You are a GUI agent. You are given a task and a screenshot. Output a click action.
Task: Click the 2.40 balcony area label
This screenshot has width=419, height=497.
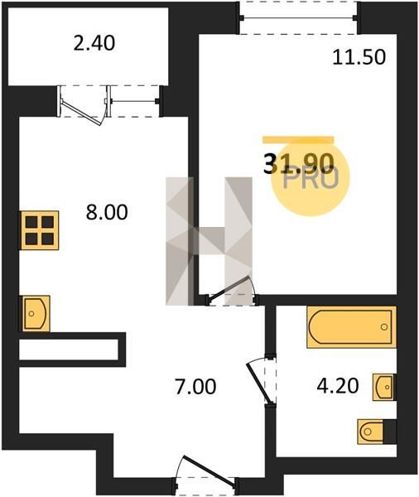coord(94,43)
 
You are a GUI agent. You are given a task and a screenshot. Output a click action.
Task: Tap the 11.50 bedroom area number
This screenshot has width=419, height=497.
coord(359,58)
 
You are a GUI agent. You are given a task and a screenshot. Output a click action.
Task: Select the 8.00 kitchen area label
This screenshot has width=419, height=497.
coord(107,212)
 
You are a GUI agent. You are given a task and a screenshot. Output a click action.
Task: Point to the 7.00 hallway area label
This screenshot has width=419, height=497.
coord(195,387)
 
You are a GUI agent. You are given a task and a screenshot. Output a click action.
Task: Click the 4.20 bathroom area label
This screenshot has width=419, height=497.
coord(338,386)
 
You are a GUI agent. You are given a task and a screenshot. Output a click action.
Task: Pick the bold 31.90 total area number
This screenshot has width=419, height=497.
coord(299,163)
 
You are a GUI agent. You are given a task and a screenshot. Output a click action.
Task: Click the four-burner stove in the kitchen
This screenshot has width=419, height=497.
coord(40,230)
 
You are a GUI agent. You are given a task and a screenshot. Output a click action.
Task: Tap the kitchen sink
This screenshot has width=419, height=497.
coord(35,313)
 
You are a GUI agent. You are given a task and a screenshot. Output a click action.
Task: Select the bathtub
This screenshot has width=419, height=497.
coord(351,327)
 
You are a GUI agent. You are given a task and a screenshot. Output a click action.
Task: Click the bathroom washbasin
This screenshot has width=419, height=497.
coord(384,387)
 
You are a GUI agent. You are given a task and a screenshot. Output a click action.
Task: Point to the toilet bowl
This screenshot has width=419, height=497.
coord(370,432)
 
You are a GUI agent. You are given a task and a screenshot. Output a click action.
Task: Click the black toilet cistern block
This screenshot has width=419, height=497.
coord(390,432)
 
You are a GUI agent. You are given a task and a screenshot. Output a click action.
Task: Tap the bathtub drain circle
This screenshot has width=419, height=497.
coord(384,326)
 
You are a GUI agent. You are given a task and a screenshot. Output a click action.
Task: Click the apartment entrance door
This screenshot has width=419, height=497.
coord(205,470)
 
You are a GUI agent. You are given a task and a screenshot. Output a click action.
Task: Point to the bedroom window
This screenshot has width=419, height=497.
coord(299,17)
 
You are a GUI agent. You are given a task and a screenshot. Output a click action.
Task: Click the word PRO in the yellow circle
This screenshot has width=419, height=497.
coord(311,179)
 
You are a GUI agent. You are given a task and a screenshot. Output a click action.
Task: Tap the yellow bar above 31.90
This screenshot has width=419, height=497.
coord(298,140)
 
